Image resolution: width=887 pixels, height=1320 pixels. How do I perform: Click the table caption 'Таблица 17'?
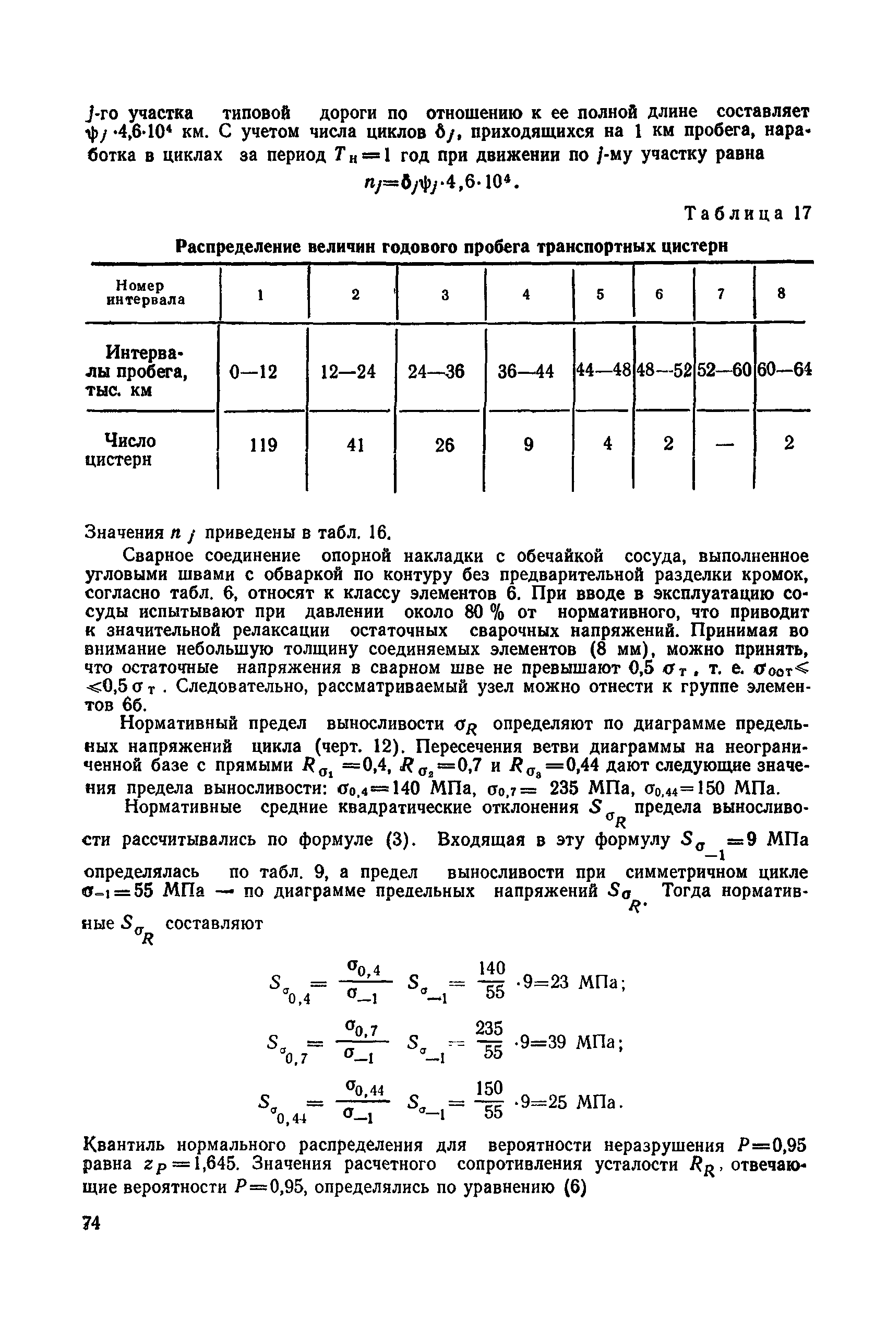point(748,214)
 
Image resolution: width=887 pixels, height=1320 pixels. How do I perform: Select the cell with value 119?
point(263,445)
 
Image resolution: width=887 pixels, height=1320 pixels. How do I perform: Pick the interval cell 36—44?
point(525,372)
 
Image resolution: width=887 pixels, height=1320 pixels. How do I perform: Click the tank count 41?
point(354,445)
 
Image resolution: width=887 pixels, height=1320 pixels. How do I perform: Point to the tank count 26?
point(445,445)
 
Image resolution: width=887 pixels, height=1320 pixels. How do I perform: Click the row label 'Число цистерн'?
point(121,450)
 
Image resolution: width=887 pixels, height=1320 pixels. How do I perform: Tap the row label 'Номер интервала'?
point(146,292)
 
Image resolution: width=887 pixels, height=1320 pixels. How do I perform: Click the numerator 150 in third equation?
point(489,1088)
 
